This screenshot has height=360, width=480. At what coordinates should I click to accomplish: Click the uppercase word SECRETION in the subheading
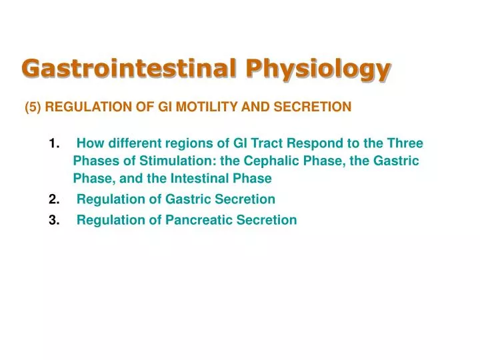pyautogui.click(x=317, y=107)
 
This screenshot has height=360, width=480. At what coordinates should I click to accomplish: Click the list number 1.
pyautogui.click(x=54, y=143)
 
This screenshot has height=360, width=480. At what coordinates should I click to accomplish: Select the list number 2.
pyautogui.click(x=54, y=199)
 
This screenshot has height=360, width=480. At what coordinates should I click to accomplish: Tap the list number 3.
pyautogui.click(x=54, y=221)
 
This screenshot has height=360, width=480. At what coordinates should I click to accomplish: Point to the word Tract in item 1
pyautogui.click(x=267, y=143)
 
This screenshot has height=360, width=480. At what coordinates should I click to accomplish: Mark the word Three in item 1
pyautogui.click(x=406, y=143)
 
